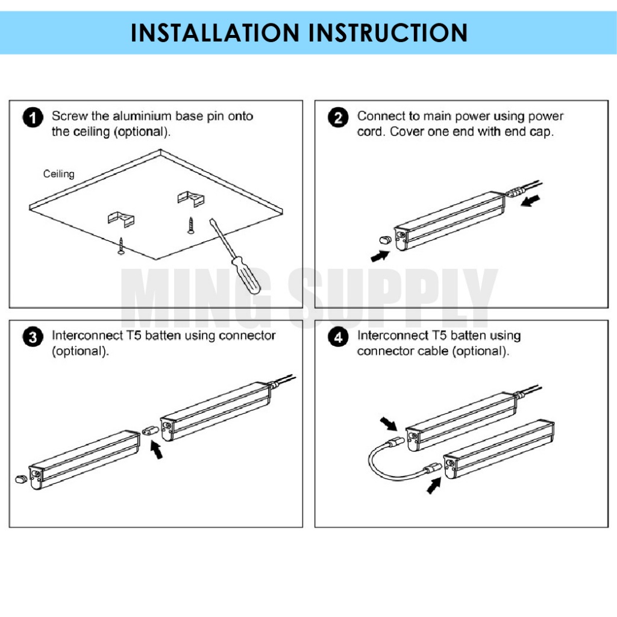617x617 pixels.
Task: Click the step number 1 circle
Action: tap(33, 117)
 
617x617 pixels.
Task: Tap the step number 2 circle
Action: tap(338, 117)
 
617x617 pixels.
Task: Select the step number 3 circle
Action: tap(33, 337)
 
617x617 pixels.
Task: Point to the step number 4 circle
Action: tap(338, 337)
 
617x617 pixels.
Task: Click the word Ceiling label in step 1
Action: tap(58, 174)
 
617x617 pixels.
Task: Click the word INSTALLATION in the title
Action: tap(215, 33)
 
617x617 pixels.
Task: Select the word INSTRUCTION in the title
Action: tap(388, 33)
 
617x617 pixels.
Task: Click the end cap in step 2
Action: tap(385, 240)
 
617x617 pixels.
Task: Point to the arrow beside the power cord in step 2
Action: tap(530, 201)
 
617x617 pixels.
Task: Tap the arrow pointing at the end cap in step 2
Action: tap(380, 256)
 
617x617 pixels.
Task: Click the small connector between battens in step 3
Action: tap(151, 430)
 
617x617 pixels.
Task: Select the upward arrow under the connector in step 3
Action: tap(157, 449)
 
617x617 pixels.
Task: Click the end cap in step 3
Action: tap(21, 479)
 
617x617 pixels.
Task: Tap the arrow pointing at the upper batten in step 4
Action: tap(389, 424)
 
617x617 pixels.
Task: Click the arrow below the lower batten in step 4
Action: tap(434, 486)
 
